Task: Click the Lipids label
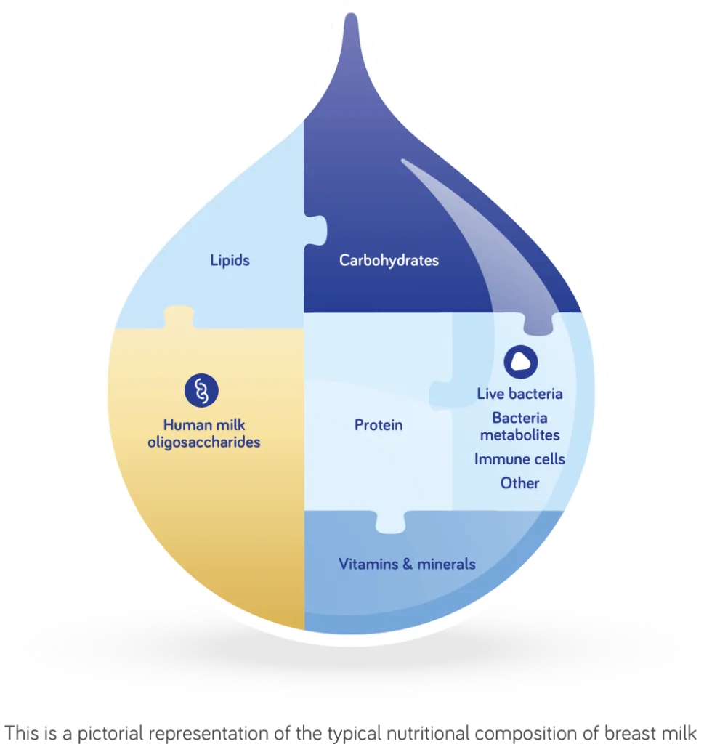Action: tap(230, 259)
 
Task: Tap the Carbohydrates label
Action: tap(389, 259)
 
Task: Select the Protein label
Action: tap(379, 425)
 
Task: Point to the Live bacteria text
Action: tap(519, 394)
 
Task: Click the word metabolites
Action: tap(519, 434)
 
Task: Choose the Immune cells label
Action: tap(519, 459)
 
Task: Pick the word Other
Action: tap(519, 483)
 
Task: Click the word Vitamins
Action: tap(371, 564)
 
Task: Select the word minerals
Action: tap(448, 564)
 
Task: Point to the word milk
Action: tap(232, 425)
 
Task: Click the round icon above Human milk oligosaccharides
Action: tap(201, 391)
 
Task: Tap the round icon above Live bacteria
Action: tap(521, 361)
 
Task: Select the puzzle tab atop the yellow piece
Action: tap(178, 318)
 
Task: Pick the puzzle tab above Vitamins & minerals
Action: tap(391, 521)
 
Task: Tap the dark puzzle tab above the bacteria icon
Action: tap(539, 324)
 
